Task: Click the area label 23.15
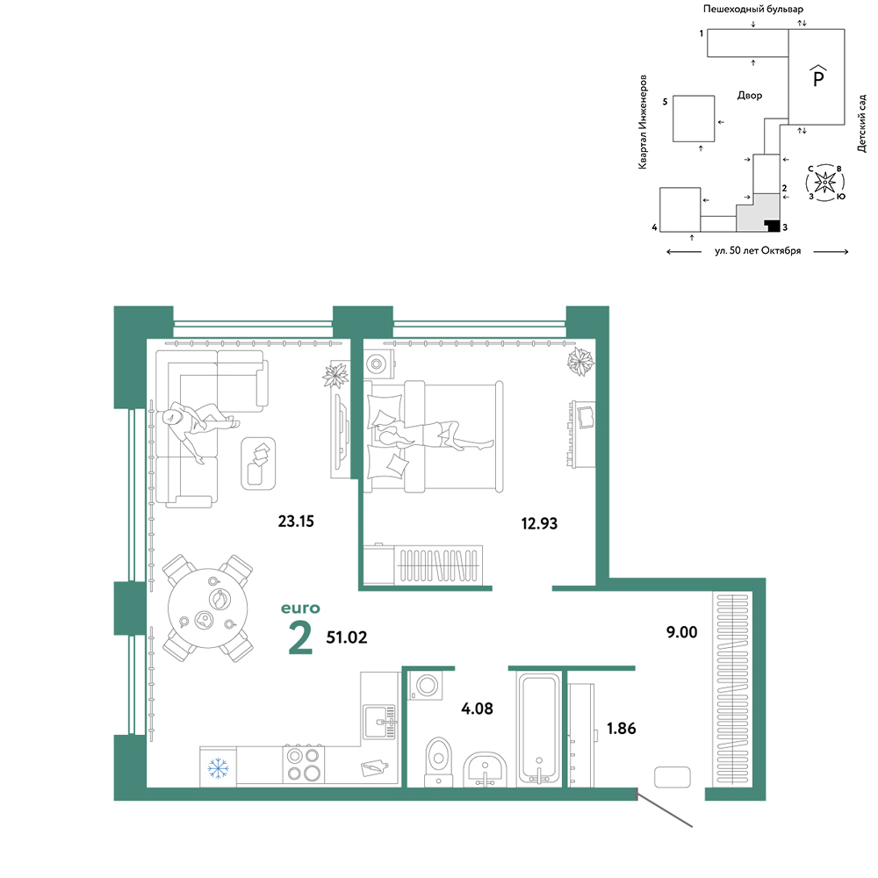point(296,522)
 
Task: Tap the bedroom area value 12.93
point(539,523)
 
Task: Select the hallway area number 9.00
point(681,632)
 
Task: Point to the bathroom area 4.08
point(477,709)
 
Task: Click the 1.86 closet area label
point(621,729)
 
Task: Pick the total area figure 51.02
point(347,637)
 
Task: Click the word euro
point(300,608)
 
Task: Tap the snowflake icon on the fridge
point(218,768)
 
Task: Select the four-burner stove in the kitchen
point(303,765)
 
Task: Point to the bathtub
point(539,728)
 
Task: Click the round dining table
point(208,608)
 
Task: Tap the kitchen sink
point(379,722)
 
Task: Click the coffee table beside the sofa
point(258,464)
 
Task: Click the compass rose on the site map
point(824,183)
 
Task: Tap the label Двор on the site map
point(749,96)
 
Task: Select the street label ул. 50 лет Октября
point(758,251)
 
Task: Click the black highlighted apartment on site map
point(773,226)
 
